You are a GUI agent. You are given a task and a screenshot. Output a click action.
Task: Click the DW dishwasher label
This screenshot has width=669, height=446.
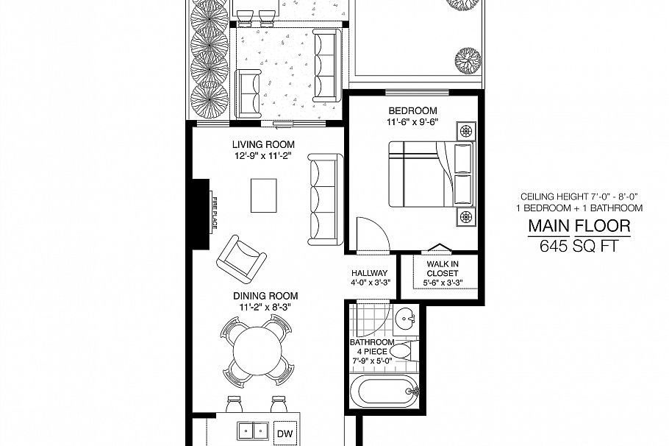[x=283, y=433]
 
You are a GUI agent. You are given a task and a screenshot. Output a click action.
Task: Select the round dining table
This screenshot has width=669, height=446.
[x=257, y=348]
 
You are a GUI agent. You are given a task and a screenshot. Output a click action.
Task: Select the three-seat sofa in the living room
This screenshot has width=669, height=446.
[x=323, y=199]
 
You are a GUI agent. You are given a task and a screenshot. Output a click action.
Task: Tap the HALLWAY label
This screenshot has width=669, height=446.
[x=369, y=273]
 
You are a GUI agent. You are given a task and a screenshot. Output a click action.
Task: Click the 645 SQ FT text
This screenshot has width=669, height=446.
[x=578, y=247]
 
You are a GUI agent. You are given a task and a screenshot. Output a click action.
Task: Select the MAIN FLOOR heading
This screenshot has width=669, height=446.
[x=578, y=225]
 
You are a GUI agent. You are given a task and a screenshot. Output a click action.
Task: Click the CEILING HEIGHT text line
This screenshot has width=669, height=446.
[x=578, y=197]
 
